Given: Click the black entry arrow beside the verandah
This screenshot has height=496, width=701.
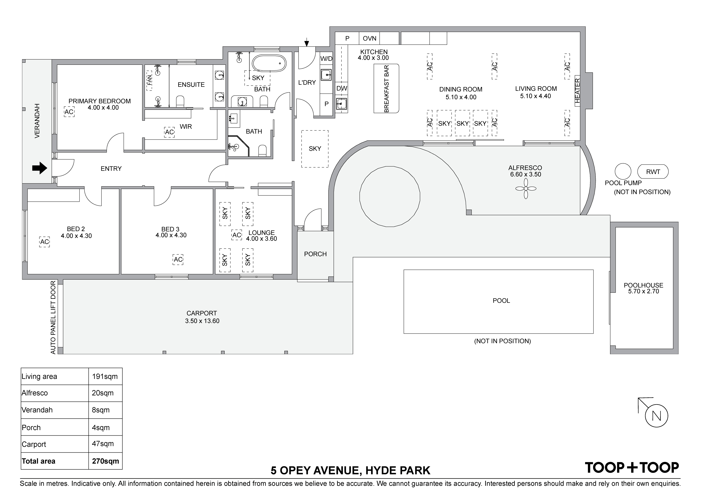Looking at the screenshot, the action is pyautogui.click(x=39, y=168).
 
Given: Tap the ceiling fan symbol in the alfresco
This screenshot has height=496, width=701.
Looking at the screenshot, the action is pyautogui.click(x=526, y=189).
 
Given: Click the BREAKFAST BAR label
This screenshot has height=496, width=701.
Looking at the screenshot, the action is pyautogui.click(x=386, y=89).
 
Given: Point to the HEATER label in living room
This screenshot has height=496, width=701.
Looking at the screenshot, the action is pyautogui.click(x=577, y=91).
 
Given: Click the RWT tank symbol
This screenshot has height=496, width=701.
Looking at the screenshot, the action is pyautogui.click(x=653, y=172).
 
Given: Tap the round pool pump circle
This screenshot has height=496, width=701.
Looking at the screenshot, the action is pyautogui.click(x=623, y=171).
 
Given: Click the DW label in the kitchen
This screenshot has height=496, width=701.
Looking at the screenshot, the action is pyautogui.click(x=342, y=88).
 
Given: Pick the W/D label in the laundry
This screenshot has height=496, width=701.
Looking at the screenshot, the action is pyautogui.click(x=326, y=59).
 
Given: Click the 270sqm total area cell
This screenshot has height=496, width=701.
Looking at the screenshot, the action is pyautogui.click(x=105, y=461).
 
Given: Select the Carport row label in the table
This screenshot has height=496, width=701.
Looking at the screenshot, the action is pyautogui.click(x=34, y=444).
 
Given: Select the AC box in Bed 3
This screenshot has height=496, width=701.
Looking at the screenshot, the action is pyautogui.click(x=178, y=259).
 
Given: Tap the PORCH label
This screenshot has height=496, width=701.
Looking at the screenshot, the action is pyautogui.click(x=315, y=254).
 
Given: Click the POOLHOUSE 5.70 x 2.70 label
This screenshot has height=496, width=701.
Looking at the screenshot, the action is pyautogui.click(x=643, y=288).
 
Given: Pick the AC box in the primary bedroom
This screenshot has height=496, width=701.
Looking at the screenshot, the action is pyautogui.click(x=69, y=112).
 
